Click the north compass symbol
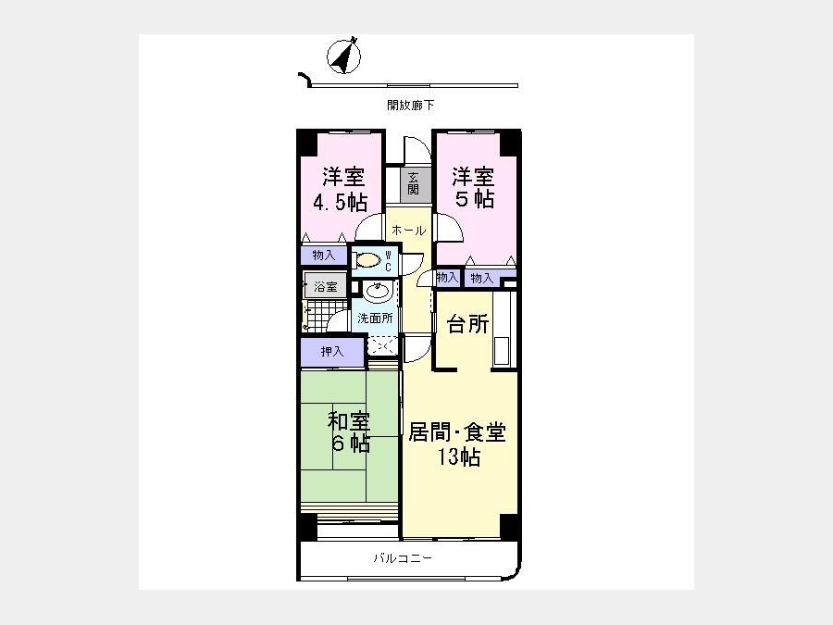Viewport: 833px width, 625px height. click(x=343, y=56)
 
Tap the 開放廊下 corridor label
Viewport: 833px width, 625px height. click(x=410, y=106)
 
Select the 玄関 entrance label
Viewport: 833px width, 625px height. click(x=414, y=184)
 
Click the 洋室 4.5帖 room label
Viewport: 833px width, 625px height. click(x=341, y=189)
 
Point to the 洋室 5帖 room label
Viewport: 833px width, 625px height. click(x=473, y=188)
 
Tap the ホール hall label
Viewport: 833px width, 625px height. click(x=408, y=231)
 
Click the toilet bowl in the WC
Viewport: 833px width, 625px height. click(x=368, y=260)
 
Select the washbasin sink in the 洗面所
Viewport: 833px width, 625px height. click(x=378, y=292)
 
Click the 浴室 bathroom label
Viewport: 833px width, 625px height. click(x=326, y=287)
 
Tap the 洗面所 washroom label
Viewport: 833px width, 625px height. click(x=375, y=319)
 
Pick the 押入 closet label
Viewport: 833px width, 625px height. click(x=332, y=351)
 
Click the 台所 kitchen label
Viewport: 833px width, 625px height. click(x=468, y=324)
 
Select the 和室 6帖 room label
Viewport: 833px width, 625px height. click(x=349, y=431)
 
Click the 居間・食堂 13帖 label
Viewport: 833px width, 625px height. click(x=457, y=444)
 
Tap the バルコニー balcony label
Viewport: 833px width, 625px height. click(x=403, y=558)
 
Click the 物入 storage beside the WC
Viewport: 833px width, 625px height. click(x=324, y=256)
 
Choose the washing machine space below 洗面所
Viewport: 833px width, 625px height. click(x=382, y=346)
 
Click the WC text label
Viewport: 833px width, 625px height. click(x=388, y=260)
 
